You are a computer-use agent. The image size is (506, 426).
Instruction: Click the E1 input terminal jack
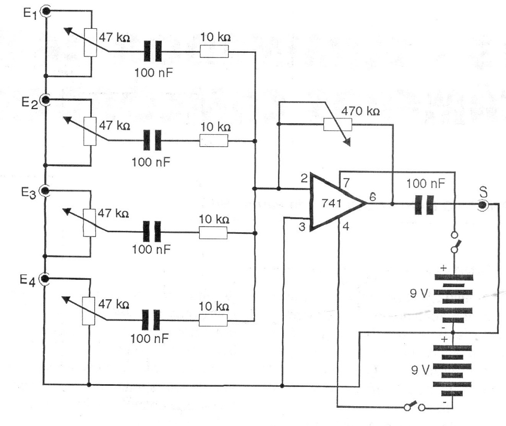pyautogui.click(x=46, y=10)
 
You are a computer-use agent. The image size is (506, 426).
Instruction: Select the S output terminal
pyautogui.click(x=483, y=205)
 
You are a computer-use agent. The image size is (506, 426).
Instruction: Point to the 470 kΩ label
pyautogui.click(x=360, y=112)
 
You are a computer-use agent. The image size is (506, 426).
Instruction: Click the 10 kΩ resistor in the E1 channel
pyautogui.click(x=214, y=51)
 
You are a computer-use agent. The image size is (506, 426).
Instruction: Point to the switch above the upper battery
pyautogui.click(x=455, y=242)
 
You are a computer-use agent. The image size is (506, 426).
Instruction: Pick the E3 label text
pyautogui.click(x=29, y=194)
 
